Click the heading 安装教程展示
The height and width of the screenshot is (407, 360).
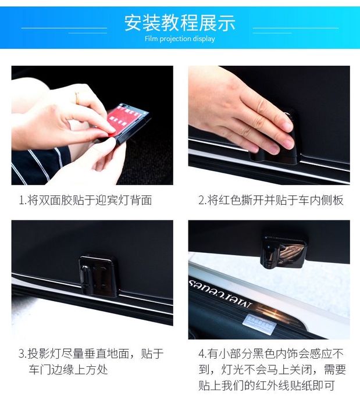(180, 23)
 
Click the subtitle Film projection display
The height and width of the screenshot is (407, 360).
(180, 39)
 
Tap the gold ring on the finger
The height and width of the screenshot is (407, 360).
(77, 98)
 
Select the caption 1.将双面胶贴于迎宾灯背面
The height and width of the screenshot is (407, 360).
(85, 200)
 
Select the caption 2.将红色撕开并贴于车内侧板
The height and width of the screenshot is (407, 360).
(270, 200)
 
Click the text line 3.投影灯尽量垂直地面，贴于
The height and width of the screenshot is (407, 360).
(91, 354)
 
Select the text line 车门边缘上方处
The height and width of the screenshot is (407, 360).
(68, 370)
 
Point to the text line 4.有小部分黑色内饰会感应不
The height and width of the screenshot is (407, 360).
(270, 354)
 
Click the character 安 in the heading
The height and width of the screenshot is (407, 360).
(133, 23)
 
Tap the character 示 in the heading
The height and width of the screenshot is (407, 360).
(227, 23)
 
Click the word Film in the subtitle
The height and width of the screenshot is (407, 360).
(151, 38)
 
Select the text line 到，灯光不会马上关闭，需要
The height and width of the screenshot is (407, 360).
(272, 370)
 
